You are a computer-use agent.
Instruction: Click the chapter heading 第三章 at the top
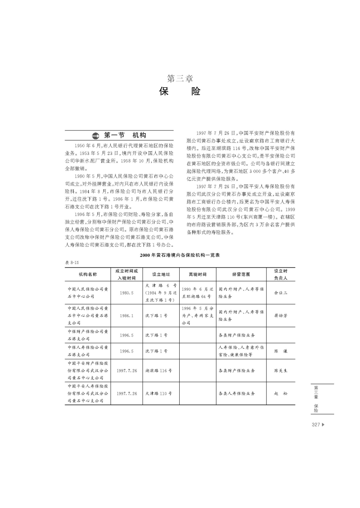coord(180,78)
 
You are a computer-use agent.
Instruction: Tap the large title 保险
coord(180,91)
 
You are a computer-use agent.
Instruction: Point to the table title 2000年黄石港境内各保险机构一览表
coord(180,255)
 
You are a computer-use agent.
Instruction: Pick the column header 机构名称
coord(88,274)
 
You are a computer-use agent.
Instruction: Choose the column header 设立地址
coord(161,274)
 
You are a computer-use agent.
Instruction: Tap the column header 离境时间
coord(198,274)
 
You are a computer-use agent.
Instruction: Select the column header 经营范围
coord(241,274)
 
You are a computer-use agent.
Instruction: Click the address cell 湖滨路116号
coord(158,371)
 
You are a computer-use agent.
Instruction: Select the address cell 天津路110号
coord(158,394)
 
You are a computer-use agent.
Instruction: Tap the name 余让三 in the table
coord(280,292)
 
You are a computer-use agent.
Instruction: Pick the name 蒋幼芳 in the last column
coord(280,316)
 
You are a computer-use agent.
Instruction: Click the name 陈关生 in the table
coord(280,371)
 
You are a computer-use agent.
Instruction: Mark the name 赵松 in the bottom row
coord(280,394)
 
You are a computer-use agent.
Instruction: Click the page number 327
coord(316,425)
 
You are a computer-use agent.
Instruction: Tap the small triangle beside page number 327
coord(323,425)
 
